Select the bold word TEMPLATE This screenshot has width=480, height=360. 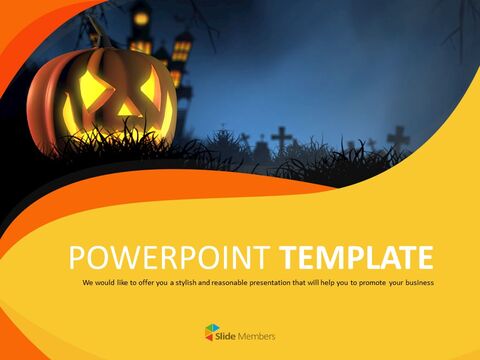tap(357, 257)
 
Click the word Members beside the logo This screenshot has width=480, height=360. tap(257, 336)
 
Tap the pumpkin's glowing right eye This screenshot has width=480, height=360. tap(148, 87)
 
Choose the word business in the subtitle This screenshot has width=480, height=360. tap(416, 283)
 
